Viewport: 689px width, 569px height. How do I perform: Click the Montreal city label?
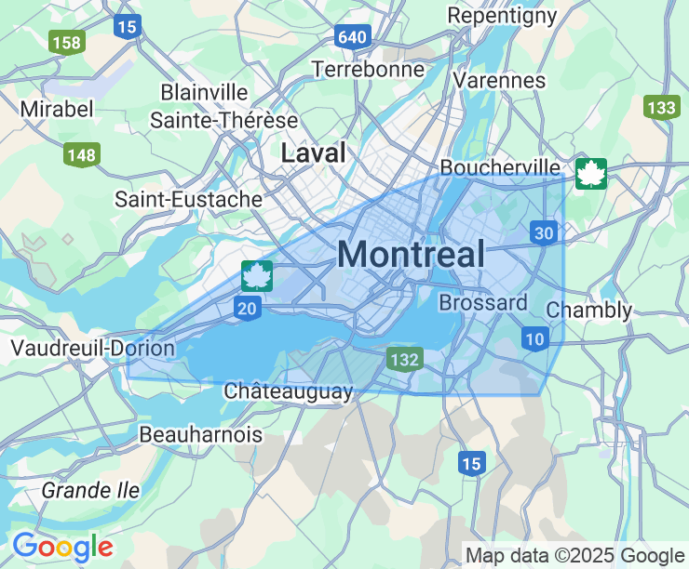tap(411, 254)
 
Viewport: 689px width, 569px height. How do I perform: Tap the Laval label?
tap(314, 152)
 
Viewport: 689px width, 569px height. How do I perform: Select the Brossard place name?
tap(482, 303)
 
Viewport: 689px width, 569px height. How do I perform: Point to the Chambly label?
tap(589, 310)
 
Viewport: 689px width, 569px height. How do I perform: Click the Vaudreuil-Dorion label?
tap(92, 349)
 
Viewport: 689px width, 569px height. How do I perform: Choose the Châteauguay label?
tap(289, 391)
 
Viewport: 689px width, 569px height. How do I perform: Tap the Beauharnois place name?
tap(200, 434)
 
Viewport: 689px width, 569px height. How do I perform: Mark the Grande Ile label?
tap(90, 490)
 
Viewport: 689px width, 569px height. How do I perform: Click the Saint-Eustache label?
tap(188, 199)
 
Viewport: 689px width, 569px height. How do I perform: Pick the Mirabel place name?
tap(57, 109)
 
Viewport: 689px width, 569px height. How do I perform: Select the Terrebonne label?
tap(368, 69)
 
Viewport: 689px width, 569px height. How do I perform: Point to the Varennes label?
tap(500, 80)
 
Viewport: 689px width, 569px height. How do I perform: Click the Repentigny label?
tap(502, 16)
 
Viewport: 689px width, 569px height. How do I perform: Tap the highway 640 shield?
tap(354, 37)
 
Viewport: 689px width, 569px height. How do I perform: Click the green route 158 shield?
tap(67, 42)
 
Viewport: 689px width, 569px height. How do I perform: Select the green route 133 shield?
tap(660, 107)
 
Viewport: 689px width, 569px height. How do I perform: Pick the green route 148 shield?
tap(82, 154)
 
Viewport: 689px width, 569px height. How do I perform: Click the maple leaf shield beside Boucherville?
tap(590, 173)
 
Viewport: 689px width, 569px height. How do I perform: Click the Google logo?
tap(62, 547)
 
